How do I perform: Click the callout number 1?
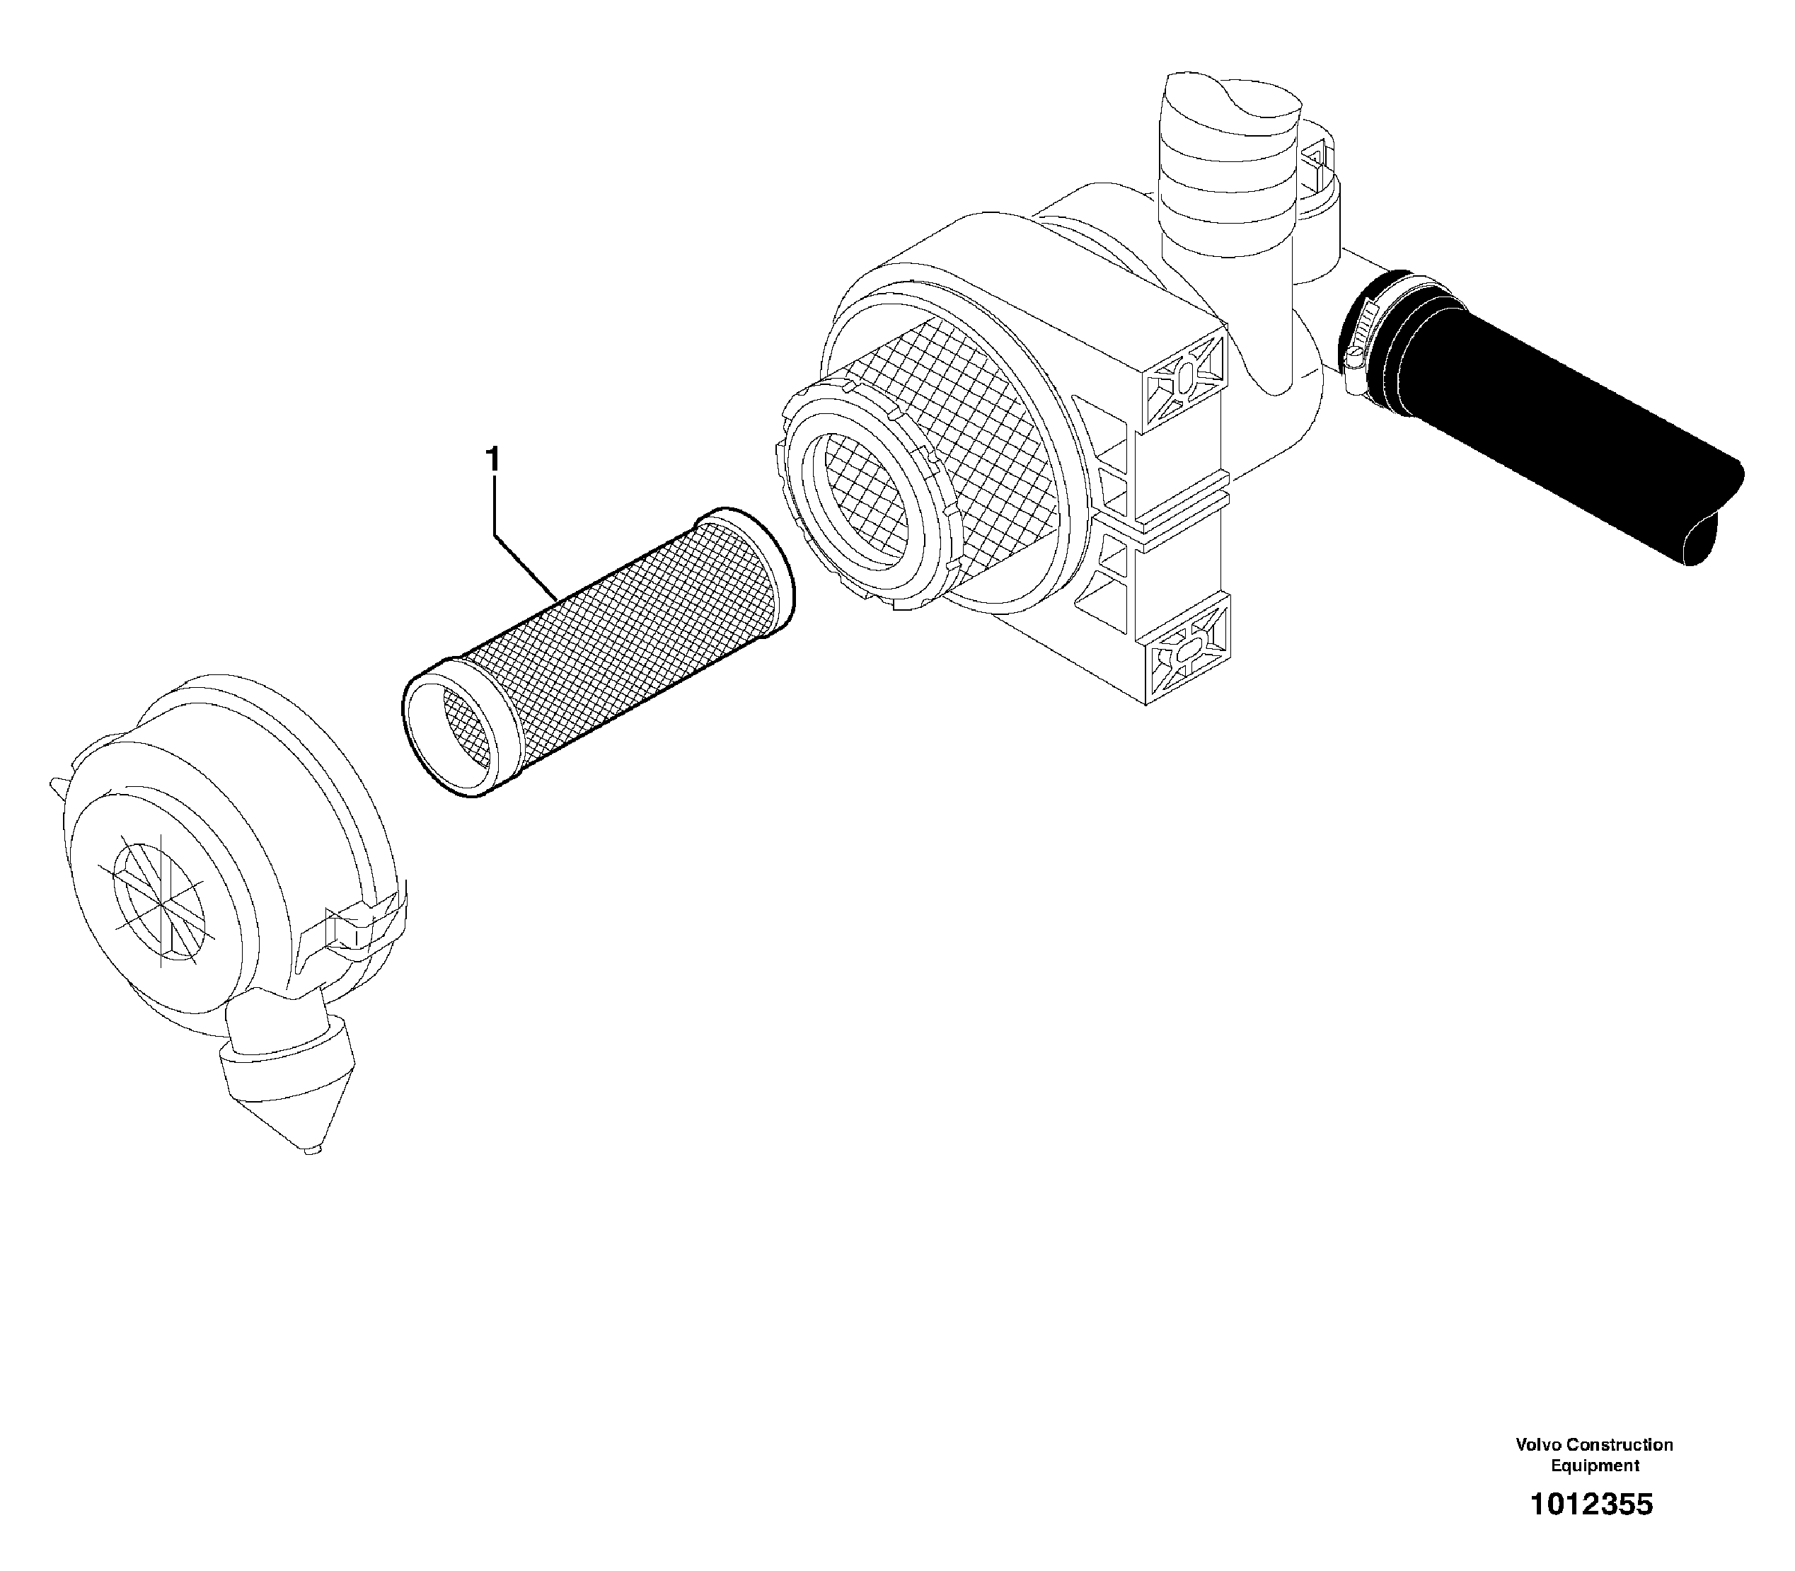492,458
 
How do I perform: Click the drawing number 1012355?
1591,1504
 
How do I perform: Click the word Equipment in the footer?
1594,1465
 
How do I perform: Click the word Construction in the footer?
1619,1444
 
